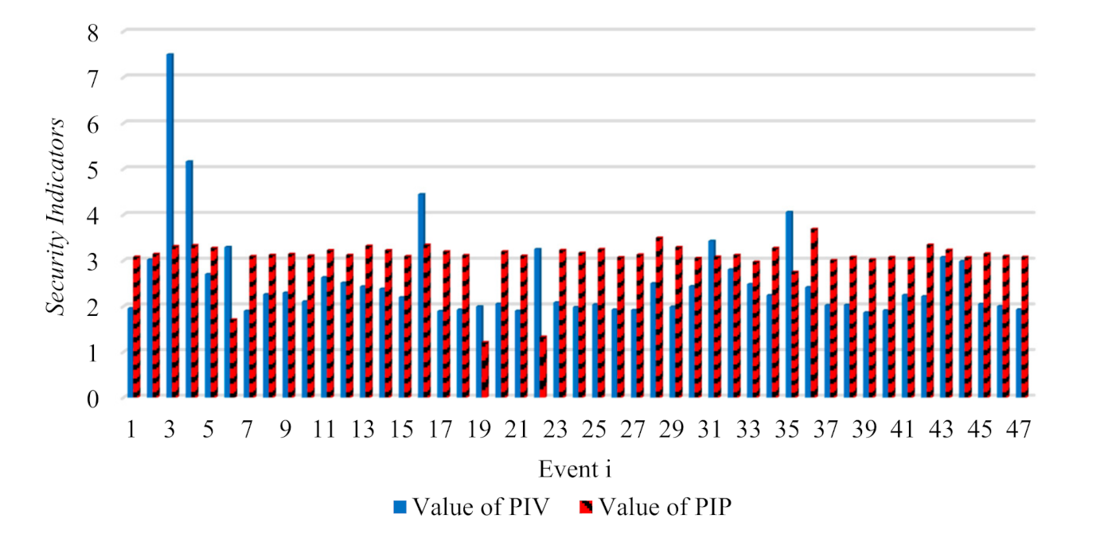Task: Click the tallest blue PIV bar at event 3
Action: [x=170, y=227]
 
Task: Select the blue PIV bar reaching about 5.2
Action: [x=189, y=279]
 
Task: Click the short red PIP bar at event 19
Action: [x=485, y=370]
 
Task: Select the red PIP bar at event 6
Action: [x=233, y=358]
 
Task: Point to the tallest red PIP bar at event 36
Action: [x=813, y=313]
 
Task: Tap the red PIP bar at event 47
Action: [x=1026, y=326]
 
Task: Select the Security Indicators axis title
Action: [x=59, y=215]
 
